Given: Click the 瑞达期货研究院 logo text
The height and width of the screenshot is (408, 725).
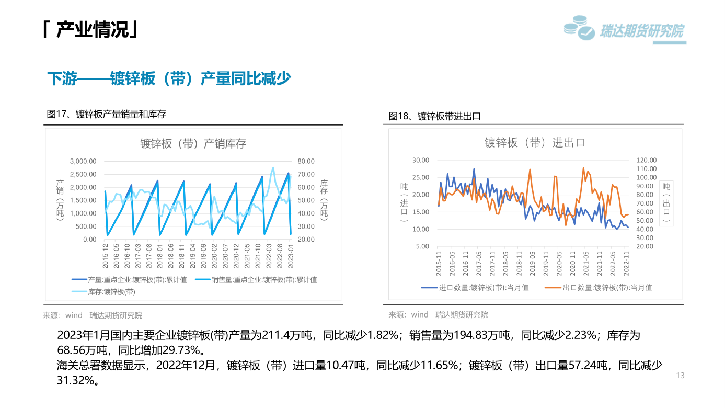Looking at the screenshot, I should click(641, 31).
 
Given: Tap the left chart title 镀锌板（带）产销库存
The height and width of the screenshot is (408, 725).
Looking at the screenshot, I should click(193, 143).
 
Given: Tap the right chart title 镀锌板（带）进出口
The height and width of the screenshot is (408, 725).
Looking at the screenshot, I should click(534, 142).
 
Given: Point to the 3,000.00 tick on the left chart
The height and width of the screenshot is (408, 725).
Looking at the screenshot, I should click(83, 161).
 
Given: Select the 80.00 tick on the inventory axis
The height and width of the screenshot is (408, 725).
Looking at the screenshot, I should click(306, 161).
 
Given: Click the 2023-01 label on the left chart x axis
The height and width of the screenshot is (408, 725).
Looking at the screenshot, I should click(291, 255).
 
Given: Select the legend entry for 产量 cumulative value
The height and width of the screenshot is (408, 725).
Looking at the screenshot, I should click(137, 280).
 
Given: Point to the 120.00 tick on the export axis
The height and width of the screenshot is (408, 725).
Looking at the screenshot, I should click(646, 160).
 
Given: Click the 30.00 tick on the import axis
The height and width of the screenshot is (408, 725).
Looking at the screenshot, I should click(420, 160).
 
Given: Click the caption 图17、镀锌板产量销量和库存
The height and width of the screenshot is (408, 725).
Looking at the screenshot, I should click(107, 114).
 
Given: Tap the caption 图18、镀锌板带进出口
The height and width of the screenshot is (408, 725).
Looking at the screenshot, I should click(434, 117).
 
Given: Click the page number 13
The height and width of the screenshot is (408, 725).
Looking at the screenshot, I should click(680, 376).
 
